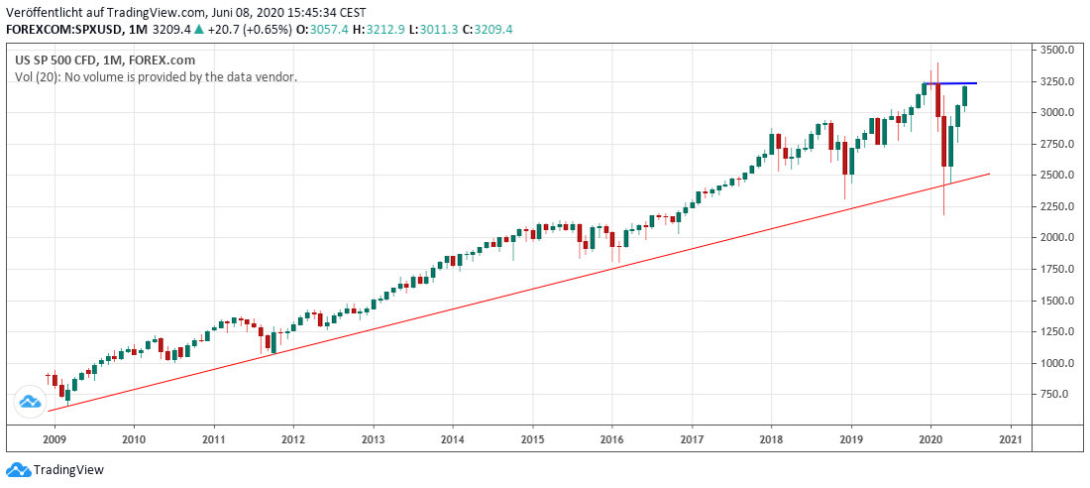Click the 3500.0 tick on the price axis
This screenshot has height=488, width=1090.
pyautogui.click(x=1058, y=50)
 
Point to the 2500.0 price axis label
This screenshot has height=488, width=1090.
pyautogui.click(x=1058, y=176)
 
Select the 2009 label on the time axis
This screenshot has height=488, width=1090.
pyautogui.click(x=54, y=438)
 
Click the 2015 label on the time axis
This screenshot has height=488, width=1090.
pyautogui.click(x=532, y=438)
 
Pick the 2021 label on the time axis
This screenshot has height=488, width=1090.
pyautogui.click(x=1011, y=438)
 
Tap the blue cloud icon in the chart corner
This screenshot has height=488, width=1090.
pyautogui.click(x=30, y=402)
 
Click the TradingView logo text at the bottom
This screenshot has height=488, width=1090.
pyautogui.click(x=68, y=470)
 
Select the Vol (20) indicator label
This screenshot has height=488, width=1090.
pyautogui.click(x=38, y=76)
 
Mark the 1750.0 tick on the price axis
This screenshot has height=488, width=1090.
pyautogui.click(x=1058, y=269)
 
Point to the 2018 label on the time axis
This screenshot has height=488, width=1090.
pyautogui.click(x=771, y=438)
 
